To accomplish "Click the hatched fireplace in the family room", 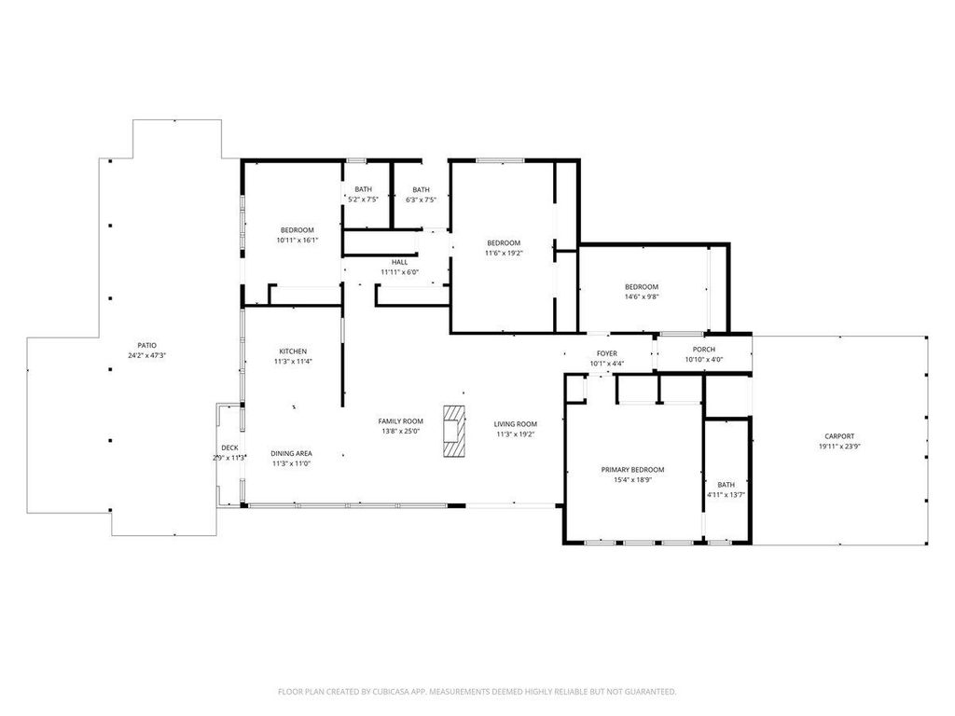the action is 453,431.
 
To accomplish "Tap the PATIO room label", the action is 146,345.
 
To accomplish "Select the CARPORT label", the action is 839,436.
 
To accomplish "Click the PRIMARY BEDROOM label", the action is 632,470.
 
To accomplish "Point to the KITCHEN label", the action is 293,351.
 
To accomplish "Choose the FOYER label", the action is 606,353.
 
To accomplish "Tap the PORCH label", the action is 703,350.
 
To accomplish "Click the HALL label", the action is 399,262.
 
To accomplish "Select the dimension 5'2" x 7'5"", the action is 363,200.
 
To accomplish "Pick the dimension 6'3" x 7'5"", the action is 421,200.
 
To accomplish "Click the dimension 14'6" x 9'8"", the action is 642,296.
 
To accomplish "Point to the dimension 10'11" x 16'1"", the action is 298,240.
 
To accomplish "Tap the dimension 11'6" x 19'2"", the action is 504,253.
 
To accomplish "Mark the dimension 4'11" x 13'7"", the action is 726,494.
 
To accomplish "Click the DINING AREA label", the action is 291,454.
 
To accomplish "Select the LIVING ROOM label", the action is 515,424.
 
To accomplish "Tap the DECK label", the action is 229,447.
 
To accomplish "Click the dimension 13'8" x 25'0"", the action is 401,431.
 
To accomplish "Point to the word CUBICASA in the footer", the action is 395,692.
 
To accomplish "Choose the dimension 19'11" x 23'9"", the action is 839,446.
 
